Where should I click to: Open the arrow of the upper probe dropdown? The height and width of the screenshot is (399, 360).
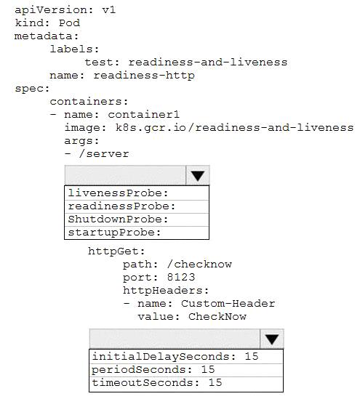[x=198, y=175]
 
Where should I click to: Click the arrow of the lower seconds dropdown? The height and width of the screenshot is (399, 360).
[x=272, y=339]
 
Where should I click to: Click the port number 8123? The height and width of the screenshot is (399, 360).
[x=181, y=277]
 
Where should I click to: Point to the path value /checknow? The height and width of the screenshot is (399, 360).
[x=199, y=264]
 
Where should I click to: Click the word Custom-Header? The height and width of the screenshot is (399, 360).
[x=228, y=303]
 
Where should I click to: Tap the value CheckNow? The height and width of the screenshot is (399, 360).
[x=217, y=317]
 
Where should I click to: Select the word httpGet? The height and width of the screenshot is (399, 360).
[x=116, y=251]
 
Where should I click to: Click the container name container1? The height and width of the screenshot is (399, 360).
[x=144, y=115]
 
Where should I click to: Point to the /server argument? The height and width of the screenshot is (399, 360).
[x=104, y=153]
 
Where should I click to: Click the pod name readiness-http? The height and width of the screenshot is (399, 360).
[x=144, y=76]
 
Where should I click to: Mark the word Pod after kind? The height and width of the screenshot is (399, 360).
[x=70, y=23]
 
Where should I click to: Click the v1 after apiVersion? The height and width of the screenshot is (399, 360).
[x=109, y=10]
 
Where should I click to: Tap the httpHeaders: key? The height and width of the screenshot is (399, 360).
[x=166, y=290]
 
